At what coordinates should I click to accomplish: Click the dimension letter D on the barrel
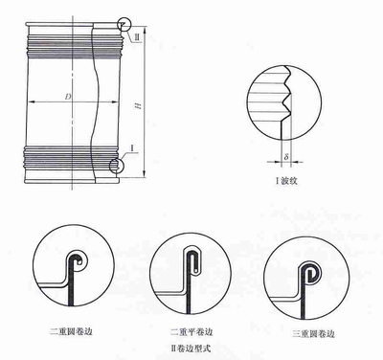pyautogui.click(x=68, y=97)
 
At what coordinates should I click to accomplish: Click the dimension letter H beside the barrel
pyautogui.click(x=139, y=105)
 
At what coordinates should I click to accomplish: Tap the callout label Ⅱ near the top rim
pyautogui.click(x=137, y=36)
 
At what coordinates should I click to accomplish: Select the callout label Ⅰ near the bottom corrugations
pyautogui.click(x=133, y=147)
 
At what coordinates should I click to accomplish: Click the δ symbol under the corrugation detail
pyautogui.click(x=286, y=157)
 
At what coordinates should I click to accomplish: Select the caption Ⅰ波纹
pyautogui.click(x=286, y=181)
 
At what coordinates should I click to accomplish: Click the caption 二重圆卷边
pyautogui.click(x=71, y=331)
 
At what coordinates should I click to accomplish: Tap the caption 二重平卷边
pyautogui.click(x=191, y=332)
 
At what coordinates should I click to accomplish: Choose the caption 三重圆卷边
pyautogui.click(x=313, y=334)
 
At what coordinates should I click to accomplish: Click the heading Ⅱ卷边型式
pyautogui.click(x=191, y=348)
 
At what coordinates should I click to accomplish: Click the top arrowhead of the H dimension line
pyautogui.click(x=145, y=30)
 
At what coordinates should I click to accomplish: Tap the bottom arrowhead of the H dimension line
pyautogui.click(x=145, y=174)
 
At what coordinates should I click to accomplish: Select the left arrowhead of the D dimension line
pyautogui.click(x=30, y=102)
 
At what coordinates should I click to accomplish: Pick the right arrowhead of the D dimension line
pyautogui.click(x=116, y=102)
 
